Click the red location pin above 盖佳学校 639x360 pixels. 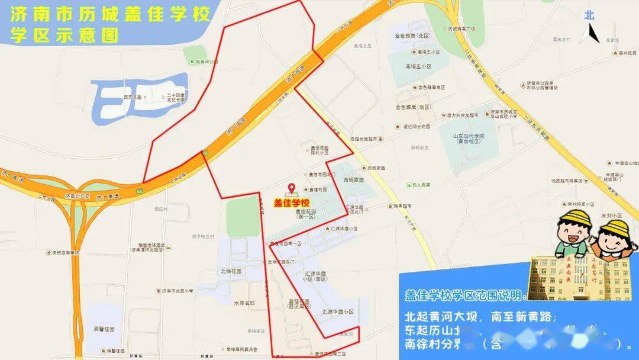click(291, 189)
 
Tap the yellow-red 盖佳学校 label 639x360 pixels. click(292, 202)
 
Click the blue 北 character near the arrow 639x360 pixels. click(589, 15)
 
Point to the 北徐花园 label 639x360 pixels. click(233, 271)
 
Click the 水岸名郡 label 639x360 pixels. click(244, 303)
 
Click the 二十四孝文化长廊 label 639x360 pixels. click(176, 98)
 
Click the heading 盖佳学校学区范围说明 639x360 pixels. click(464, 295)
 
